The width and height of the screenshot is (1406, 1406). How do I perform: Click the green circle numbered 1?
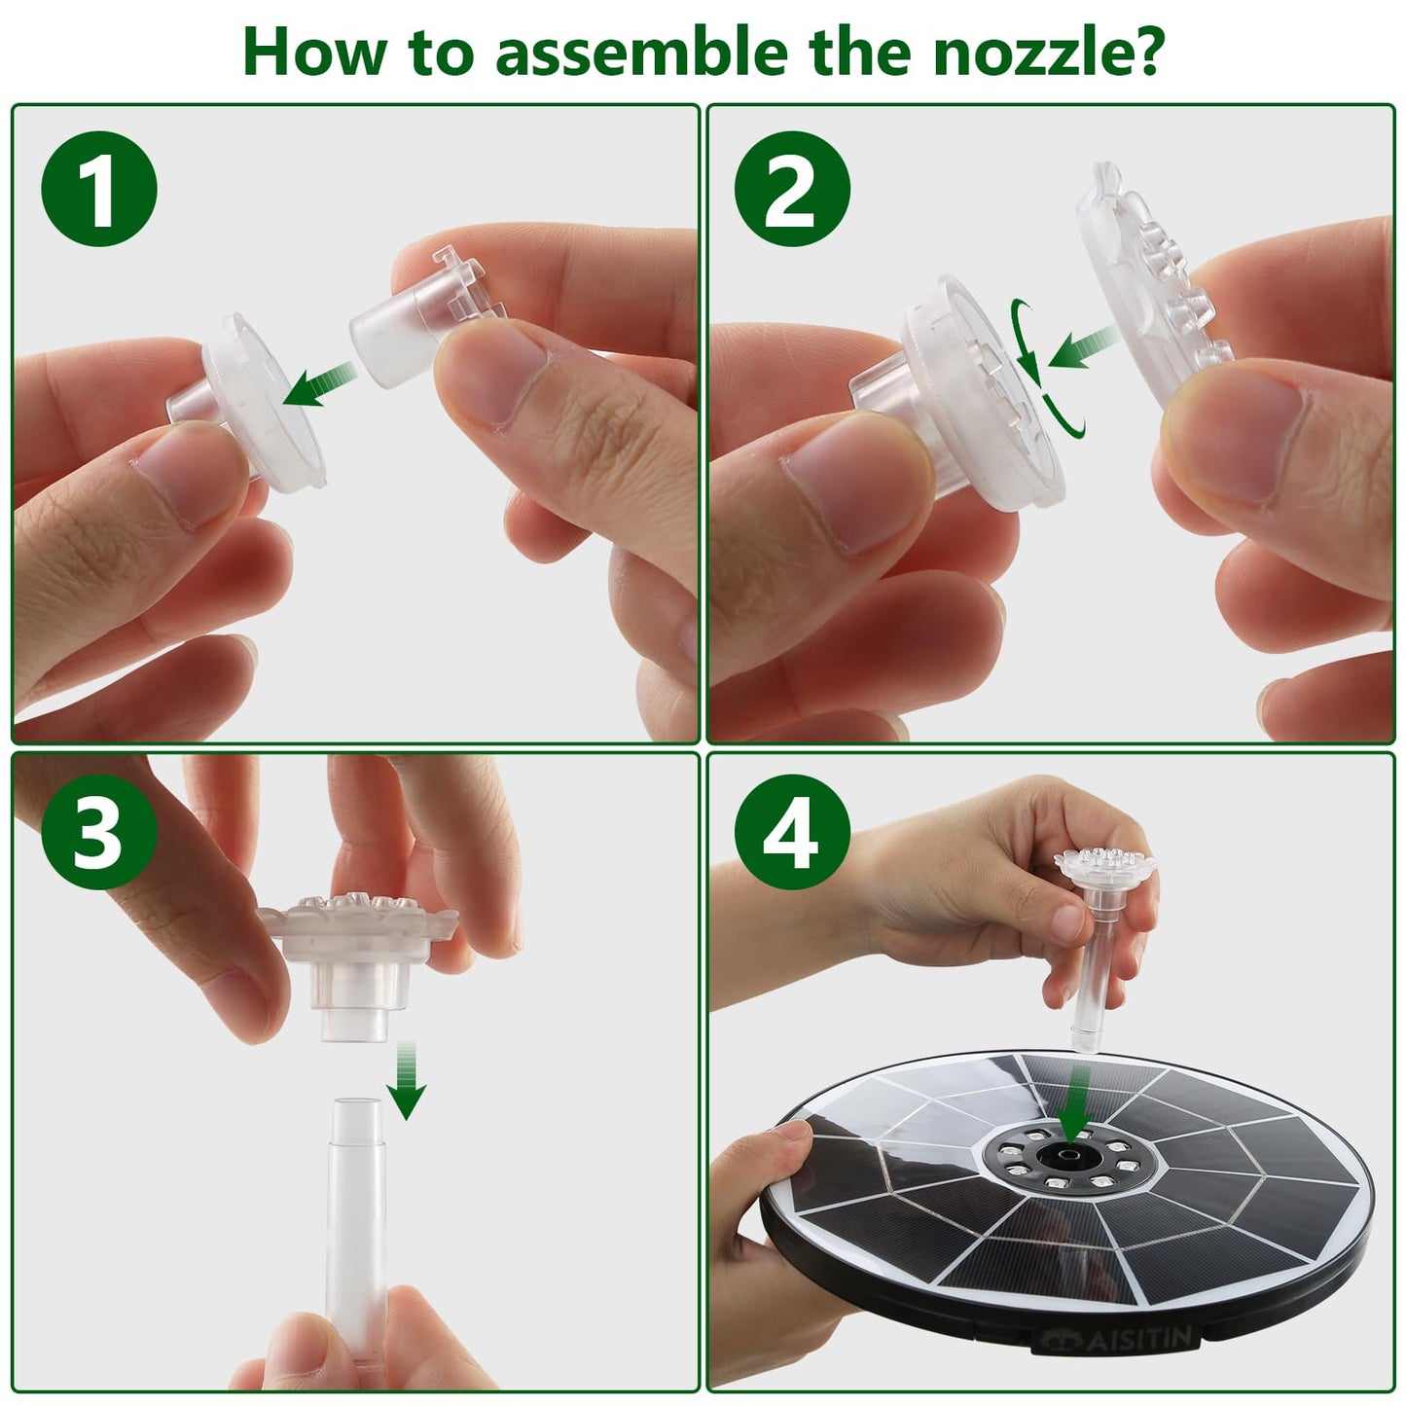click(x=99, y=189)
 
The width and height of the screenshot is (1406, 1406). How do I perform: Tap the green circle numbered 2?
click(x=792, y=189)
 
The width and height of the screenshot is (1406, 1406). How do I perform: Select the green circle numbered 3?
click(x=99, y=832)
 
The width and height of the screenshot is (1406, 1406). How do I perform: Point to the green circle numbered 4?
click(x=792, y=832)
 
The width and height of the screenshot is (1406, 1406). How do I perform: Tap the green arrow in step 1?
click(x=319, y=383)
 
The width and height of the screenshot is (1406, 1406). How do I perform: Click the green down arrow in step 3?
click(x=407, y=1081)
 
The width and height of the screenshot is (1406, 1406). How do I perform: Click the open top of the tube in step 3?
click(x=357, y=1106)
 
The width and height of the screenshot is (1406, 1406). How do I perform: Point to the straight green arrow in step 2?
click(x=1084, y=346)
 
